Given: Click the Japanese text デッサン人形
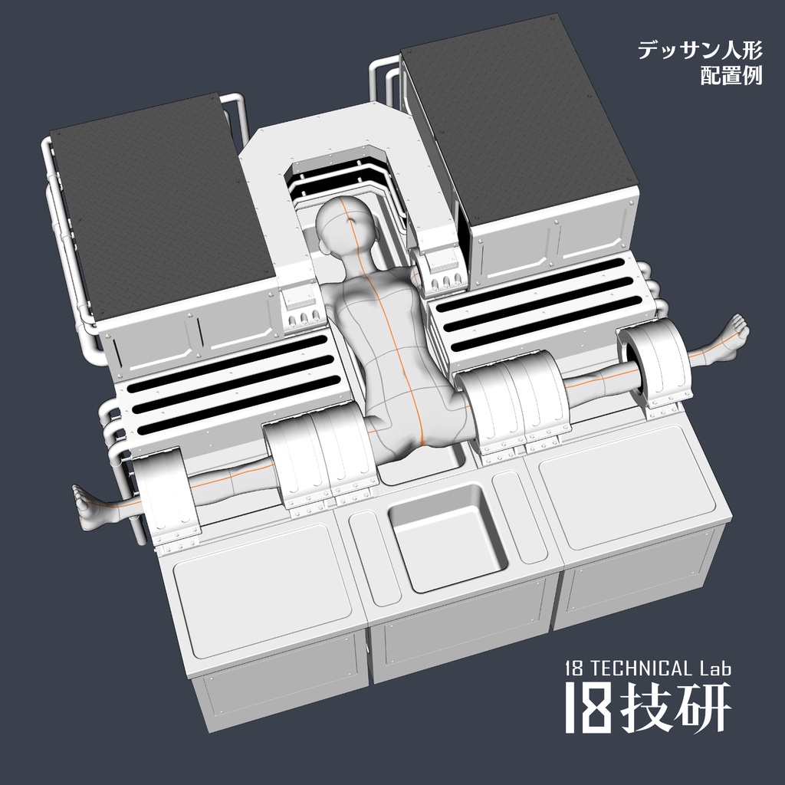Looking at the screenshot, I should (x=699, y=51).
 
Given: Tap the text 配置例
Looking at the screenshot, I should (x=731, y=76).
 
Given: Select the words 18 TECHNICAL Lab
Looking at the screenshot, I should (x=648, y=668).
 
